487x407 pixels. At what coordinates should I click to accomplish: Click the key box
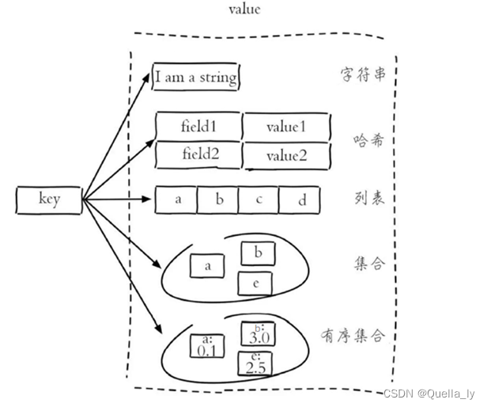[x=49, y=200]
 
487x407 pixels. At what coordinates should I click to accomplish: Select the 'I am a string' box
[x=195, y=78]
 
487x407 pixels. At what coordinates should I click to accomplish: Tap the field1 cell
[x=198, y=126]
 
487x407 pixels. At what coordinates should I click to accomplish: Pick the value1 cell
[x=285, y=126]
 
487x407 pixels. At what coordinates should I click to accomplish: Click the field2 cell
[x=198, y=154]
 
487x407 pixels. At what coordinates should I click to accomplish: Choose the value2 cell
[x=285, y=156]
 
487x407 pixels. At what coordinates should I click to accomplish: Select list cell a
[x=177, y=200]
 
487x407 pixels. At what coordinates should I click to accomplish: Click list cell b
[x=218, y=200]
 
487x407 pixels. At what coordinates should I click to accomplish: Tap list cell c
[x=259, y=200]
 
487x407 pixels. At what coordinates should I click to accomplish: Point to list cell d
[x=301, y=200]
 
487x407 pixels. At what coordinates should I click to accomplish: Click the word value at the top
[x=244, y=10]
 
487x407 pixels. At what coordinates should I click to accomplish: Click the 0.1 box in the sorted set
[x=207, y=346]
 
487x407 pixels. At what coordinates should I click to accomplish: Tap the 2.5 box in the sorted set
[x=255, y=364]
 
